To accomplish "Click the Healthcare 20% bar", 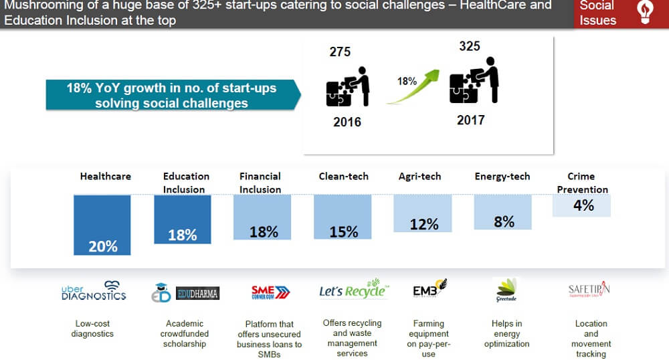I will [x=102, y=225].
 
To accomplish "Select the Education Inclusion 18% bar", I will [x=183, y=219].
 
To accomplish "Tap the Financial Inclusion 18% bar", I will [x=262, y=217].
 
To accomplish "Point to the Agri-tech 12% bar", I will [x=423, y=213].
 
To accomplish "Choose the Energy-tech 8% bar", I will [x=503, y=211].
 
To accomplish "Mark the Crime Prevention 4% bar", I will [x=582, y=205].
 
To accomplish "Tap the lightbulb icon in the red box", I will [x=645, y=13].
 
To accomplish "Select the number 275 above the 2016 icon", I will [x=340, y=52].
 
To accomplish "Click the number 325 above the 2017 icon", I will [x=470, y=47].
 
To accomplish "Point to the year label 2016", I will [x=347, y=122].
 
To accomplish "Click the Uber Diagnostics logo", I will [x=94, y=291].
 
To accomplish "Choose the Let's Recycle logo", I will [x=353, y=290].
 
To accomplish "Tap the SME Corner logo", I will [x=270, y=292].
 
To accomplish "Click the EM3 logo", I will [x=429, y=290].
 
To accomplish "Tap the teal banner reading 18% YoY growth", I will [x=171, y=95].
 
